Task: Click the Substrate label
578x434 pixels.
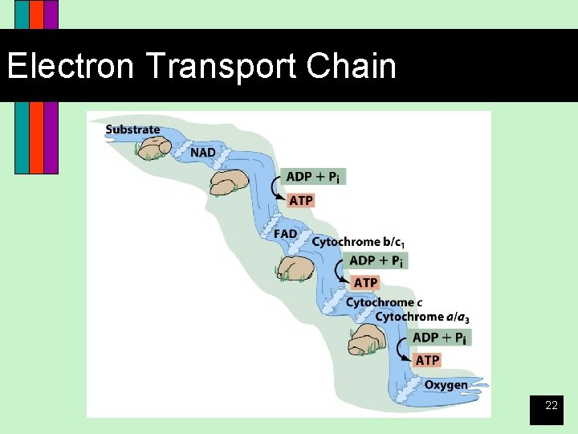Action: tap(132, 129)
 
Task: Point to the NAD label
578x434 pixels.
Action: tap(202, 151)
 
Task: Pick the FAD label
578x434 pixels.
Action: tap(285, 233)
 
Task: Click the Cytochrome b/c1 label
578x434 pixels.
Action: tap(358, 242)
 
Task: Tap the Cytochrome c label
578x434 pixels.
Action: tap(380, 302)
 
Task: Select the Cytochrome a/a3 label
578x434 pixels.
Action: tap(421, 317)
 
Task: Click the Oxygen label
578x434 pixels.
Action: tap(446, 384)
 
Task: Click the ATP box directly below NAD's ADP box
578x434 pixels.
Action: tap(301, 200)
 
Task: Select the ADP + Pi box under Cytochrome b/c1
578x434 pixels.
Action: tap(378, 260)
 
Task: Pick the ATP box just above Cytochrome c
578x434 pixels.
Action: tap(365, 282)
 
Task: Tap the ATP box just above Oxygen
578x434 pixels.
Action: tap(428, 359)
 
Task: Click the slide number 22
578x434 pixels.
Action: tap(552, 406)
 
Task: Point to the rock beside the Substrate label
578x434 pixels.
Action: tap(153, 147)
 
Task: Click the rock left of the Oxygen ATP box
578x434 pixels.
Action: tap(368, 343)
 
